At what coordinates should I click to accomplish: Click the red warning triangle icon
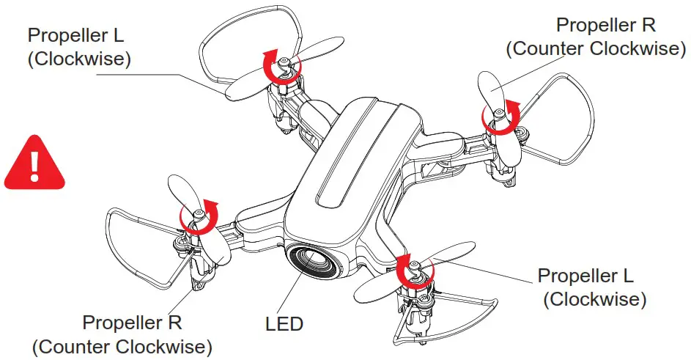[34, 162]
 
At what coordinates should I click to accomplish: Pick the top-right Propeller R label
[605, 24]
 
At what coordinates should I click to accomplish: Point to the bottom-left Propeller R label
[132, 322]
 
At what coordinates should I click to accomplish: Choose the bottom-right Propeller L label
[585, 276]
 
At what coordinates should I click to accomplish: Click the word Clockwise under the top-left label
[79, 59]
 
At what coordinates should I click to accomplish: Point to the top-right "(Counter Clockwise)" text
[595, 48]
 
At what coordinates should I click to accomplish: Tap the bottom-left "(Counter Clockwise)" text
[122, 345]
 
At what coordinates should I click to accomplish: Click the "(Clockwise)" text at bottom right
[595, 299]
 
